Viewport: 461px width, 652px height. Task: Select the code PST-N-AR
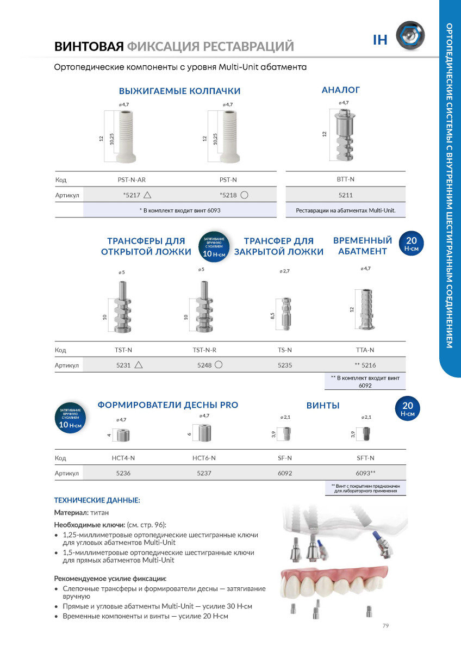coord(131,179)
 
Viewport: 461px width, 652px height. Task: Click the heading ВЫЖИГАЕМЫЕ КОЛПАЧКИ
coord(179,91)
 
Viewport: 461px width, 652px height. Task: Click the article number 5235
coord(285,365)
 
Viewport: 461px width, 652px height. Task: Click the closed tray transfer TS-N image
coord(286,314)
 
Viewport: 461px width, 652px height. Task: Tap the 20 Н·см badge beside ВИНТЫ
coord(407,409)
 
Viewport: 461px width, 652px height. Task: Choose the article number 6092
coord(285,473)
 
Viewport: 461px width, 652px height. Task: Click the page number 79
coord(385,626)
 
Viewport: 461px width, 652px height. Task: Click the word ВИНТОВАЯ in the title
coord(89,46)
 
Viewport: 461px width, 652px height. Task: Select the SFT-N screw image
coord(365,434)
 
